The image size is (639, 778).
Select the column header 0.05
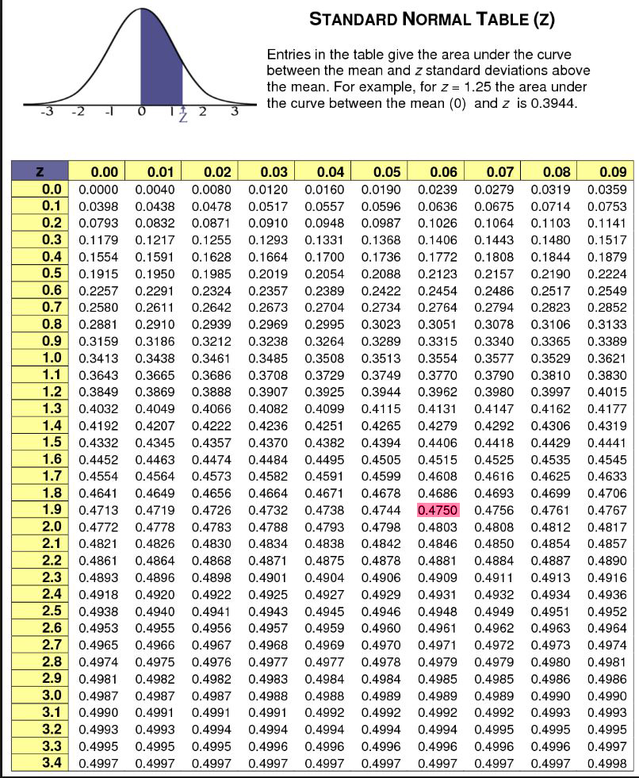click(381, 172)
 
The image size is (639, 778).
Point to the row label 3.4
click(52, 762)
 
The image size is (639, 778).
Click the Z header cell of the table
click(40, 172)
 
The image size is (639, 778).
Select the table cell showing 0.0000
click(98, 190)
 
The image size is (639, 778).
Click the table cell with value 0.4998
click(607, 762)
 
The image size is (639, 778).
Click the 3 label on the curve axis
click(234, 110)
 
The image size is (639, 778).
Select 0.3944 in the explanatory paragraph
click(559, 105)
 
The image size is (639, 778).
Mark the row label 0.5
click(52, 274)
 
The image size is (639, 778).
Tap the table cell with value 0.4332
click(98, 441)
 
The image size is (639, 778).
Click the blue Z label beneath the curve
click(183, 115)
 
